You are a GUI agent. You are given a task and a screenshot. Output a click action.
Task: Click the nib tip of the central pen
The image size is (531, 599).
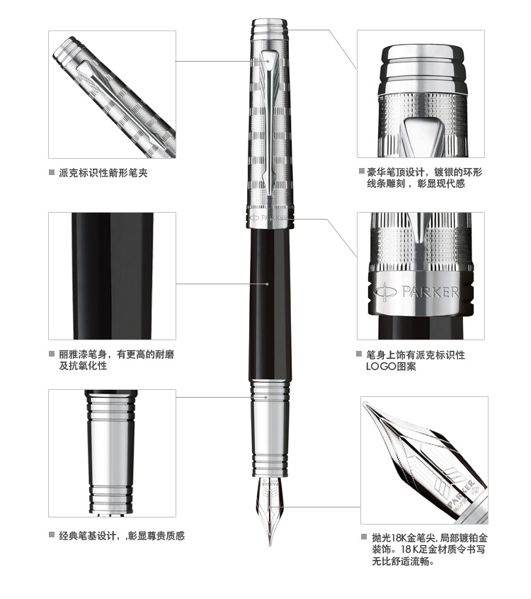point(270,544)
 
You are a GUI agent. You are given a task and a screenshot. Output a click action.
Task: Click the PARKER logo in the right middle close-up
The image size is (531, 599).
point(416,293)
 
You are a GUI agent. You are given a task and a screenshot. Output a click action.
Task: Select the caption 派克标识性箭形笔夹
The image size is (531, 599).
point(103,173)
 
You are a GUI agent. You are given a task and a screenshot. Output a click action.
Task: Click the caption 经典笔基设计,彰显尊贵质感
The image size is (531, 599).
point(122,536)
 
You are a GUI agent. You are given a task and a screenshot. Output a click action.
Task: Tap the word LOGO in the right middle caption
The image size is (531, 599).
point(381,366)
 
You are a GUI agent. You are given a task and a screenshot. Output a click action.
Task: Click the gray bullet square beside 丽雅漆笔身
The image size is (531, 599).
point(52,354)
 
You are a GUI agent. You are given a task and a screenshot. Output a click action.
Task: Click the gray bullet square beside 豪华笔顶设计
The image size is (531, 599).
point(361,171)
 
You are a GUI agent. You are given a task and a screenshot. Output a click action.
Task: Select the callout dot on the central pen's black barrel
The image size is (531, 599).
point(267,284)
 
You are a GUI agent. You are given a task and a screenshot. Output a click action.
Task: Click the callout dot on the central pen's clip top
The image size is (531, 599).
point(268,61)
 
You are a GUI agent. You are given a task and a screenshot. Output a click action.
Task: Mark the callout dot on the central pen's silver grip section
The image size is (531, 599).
point(267,397)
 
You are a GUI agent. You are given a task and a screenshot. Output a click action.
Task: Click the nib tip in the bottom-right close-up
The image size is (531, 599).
point(365,404)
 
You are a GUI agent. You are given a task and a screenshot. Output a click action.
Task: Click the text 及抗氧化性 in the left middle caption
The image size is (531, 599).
point(83,366)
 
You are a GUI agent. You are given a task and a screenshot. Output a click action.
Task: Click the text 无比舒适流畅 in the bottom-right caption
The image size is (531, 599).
point(403,561)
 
